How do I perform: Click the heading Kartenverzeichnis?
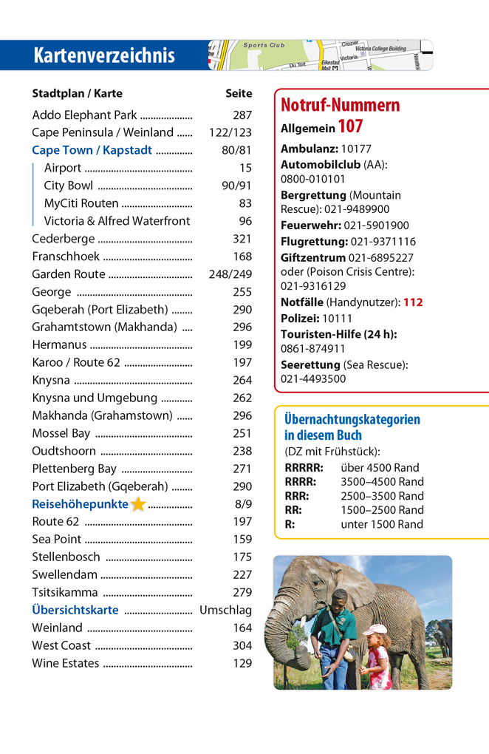[x=103, y=55]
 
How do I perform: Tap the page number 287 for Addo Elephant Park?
[x=242, y=115]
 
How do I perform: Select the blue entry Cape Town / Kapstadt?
[x=92, y=150]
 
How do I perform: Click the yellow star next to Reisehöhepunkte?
[x=138, y=504]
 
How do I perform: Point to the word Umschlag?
[x=225, y=610]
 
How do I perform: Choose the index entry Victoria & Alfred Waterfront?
[x=117, y=221]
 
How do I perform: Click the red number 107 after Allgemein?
[x=350, y=127]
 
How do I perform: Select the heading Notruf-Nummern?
[x=340, y=105]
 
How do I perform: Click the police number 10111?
[x=337, y=318]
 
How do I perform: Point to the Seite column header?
[x=238, y=94]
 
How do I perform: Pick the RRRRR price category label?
[x=304, y=467]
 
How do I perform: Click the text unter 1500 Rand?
[x=382, y=524]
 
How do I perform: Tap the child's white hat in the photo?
[x=375, y=630]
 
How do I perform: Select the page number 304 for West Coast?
[x=242, y=645]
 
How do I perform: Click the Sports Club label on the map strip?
[x=264, y=46]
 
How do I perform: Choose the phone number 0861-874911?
[x=312, y=349]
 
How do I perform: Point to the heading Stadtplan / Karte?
[x=77, y=94]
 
